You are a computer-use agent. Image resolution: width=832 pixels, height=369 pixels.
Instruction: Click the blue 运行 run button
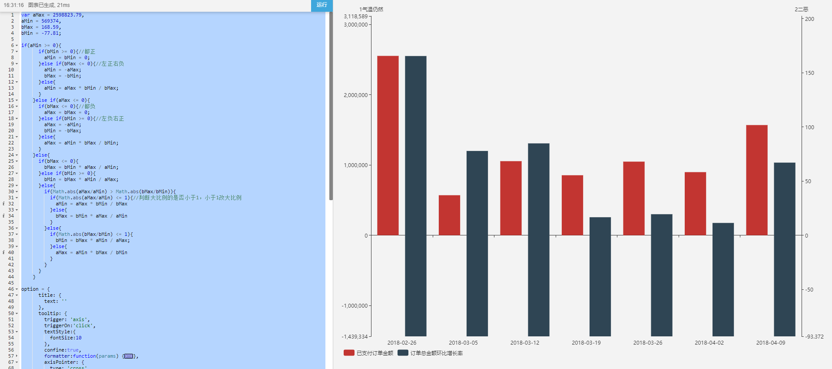point(322,5)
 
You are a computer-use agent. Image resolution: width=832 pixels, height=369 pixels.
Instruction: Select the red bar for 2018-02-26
point(388,145)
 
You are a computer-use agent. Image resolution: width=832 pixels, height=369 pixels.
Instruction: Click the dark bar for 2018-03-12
point(538,239)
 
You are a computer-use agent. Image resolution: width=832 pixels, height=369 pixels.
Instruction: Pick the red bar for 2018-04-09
point(756,180)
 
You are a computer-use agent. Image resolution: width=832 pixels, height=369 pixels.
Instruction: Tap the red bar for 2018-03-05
point(449,215)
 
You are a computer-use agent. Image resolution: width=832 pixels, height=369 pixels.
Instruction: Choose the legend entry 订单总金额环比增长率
point(430,353)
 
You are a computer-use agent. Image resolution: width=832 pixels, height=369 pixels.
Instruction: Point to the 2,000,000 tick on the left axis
point(355,95)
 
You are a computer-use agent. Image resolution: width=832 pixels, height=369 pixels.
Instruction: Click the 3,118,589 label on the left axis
point(355,17)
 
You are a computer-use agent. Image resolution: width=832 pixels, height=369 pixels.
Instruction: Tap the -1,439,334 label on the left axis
point(355,336)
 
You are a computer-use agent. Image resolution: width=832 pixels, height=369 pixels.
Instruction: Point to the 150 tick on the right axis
point(809,73)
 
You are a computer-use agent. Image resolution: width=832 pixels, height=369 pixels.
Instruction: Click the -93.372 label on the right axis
point(814,336)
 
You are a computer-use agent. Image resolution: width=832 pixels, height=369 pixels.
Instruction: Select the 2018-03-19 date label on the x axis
point(586,343)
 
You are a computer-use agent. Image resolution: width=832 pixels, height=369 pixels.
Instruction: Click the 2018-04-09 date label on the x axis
point(770,343)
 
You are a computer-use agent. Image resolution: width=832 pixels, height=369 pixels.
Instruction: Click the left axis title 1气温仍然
point(371,9)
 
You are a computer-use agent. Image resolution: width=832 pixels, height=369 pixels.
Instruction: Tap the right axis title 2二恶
point(801,9)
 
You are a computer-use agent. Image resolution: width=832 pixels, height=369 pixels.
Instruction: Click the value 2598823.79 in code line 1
point(67,15)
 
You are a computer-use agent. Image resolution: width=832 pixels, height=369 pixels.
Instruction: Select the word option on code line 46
point(30,289)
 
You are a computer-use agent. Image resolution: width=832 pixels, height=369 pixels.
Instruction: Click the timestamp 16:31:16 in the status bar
point(14,5)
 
